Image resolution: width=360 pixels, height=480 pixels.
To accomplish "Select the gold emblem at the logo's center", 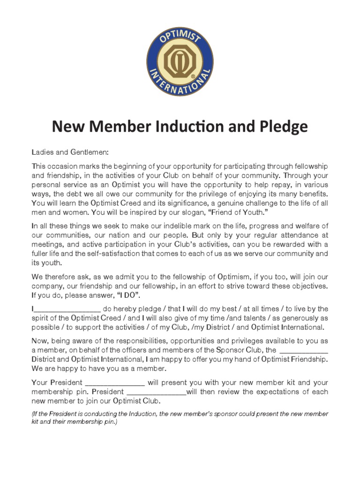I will click(180, 60).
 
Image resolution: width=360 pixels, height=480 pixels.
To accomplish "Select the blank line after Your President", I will click(115, 382).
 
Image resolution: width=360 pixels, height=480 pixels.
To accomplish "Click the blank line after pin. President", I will click(157, 391).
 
